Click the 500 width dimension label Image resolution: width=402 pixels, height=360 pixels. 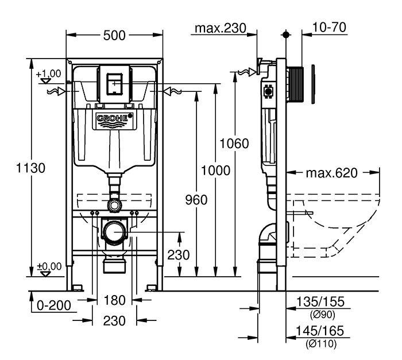click(x=114, y=36)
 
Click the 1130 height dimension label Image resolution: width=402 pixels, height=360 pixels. click(x=30, y=168)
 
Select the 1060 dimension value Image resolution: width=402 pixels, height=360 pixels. click(x=234, y=144)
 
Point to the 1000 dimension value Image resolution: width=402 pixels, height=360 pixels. click(x=215, y=171)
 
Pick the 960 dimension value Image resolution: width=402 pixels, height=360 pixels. click(x=196, y=200)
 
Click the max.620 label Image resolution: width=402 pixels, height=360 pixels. click(x=331, y=173)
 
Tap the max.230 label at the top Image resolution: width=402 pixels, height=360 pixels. click(x=221, y=28)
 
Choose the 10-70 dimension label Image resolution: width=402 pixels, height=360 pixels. click(x=330, y=27)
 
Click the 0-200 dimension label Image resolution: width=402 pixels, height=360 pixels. click(x=54, y=305)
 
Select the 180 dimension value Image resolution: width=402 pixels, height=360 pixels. click(x=114, y=300)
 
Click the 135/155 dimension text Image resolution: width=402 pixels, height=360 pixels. click(x=320, y=302)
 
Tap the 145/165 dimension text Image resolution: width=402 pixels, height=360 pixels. click(x=320, y=331)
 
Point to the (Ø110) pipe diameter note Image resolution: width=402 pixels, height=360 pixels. click(x=320, y=343)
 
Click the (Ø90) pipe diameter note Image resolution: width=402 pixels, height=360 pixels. click(x=323, y=315)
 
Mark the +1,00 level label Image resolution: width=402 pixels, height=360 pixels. click(x=48, y=74)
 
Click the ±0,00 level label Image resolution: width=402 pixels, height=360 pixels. click(x=49, y=266)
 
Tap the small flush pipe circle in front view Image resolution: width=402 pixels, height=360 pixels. click(x=114, y=206)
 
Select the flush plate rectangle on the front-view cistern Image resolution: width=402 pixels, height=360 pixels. click(x=114, y=84)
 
